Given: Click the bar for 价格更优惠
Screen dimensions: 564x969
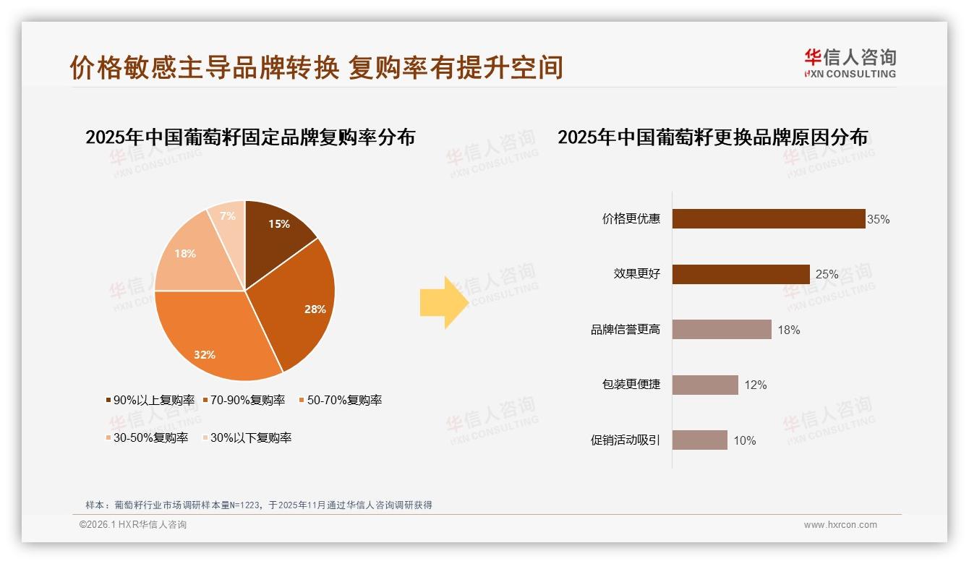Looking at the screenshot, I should (x=769, y=219).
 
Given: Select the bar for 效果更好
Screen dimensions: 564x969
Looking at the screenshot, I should (x=741, y=274).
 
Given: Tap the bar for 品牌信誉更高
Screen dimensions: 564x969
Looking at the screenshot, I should (x=722, y=330).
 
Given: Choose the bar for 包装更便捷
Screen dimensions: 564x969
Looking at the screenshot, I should (x=705, y=385).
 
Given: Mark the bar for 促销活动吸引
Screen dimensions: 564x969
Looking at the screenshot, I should (x=700, y=440).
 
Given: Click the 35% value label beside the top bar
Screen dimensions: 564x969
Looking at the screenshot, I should (x=879, y=219).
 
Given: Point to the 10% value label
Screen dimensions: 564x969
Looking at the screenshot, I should (x=745, y=440).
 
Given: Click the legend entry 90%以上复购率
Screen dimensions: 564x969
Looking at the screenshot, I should (x=150, y=400).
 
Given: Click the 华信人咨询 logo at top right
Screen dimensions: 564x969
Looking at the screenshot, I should (x=850, y=63).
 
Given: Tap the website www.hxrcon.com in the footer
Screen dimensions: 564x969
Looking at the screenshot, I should (x=840, y=525).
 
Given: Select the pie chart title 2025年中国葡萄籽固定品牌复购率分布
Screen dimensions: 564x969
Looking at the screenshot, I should (x=250, y=137).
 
